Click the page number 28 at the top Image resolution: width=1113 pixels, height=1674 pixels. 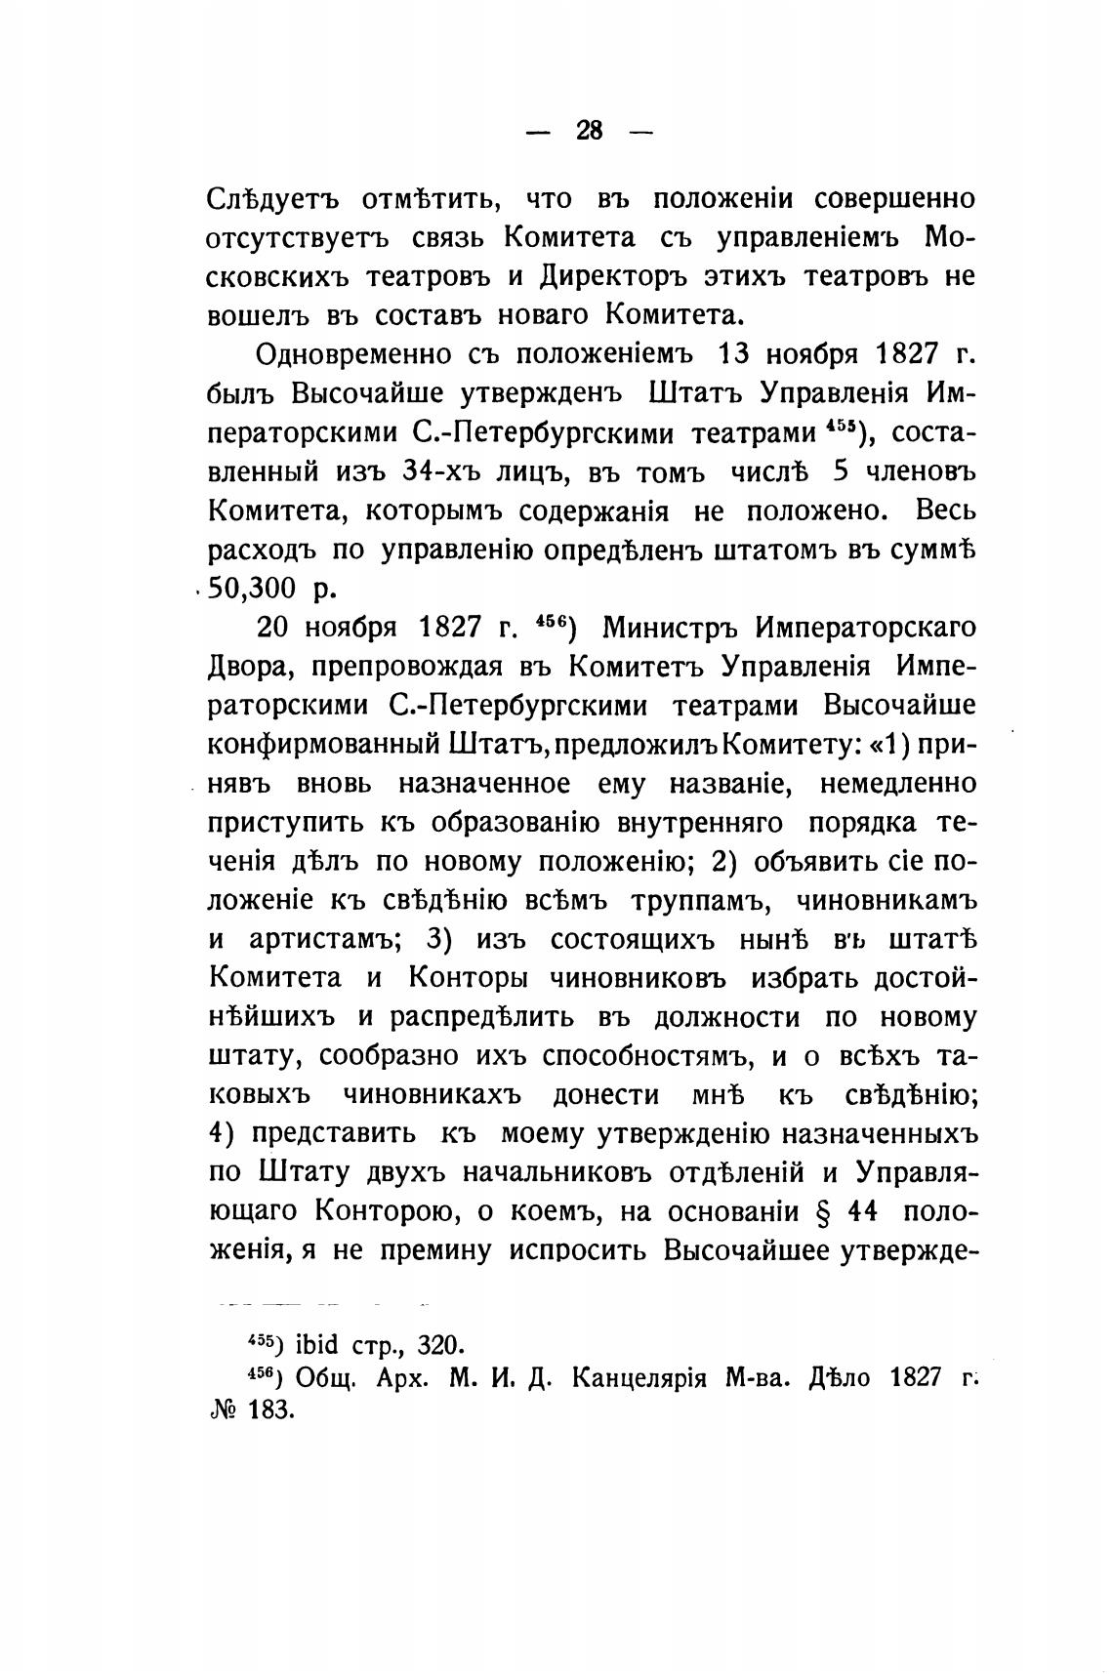coord(590,130)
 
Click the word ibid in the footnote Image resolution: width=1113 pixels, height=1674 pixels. coord(314,1345)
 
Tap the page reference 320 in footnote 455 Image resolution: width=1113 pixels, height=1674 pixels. coord(436,1345)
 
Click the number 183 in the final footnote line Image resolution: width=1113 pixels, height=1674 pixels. coord(270,1412)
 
